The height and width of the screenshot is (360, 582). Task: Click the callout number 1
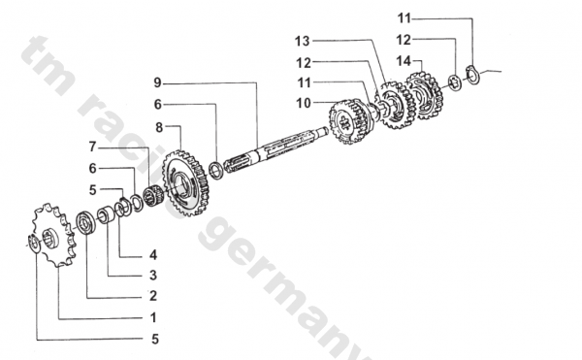pos(153,317)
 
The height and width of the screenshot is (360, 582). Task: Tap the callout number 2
pos(153,296)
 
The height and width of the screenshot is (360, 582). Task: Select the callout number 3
pos(153,275)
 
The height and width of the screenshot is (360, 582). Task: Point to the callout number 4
pos(153,255)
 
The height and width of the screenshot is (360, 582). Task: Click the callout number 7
pos(92,147)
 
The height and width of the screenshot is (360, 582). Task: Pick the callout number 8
pos(159,127)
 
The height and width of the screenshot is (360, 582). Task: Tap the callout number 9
pos(158,82)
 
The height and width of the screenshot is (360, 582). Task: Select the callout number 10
pos(304,103)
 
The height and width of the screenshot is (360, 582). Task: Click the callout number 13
pos(302,41)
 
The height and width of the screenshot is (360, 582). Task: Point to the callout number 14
pos(404,60)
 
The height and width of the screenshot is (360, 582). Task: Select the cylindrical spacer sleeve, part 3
pos(106,216)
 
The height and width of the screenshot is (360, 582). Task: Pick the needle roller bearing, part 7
pos(153,196)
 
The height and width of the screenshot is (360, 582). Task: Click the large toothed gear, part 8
pos(185,183)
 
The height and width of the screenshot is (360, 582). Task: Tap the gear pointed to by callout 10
pos(351,120)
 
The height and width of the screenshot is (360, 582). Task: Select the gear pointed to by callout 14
pos(425,95)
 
